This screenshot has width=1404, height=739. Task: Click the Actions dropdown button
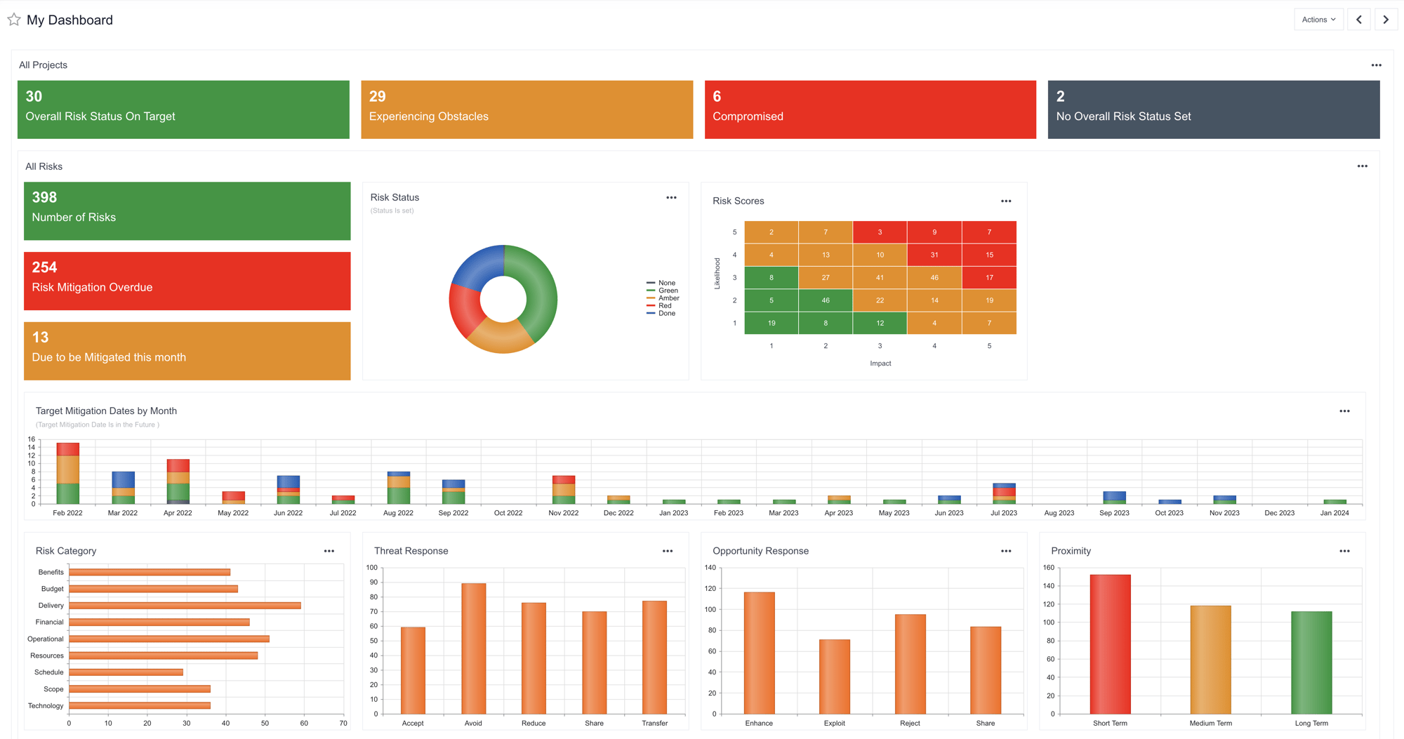[x=1318, y=20]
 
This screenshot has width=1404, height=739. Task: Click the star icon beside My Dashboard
[x=14, y=20]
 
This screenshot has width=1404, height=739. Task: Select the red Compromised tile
[x=870, y=109]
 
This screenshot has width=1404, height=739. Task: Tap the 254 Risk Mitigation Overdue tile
[x=187, y=281]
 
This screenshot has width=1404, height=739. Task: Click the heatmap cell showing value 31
[x=934, y=255]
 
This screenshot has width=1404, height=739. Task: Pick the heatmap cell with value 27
[x=825, y=277]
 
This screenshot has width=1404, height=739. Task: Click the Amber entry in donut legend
[x=668, y=298]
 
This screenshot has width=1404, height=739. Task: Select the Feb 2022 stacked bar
[x=67, y=474]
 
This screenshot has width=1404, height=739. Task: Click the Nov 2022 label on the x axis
[x=563, y=513]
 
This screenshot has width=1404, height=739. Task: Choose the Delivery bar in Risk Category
[x=185, y=606]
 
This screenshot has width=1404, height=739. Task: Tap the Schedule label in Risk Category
[x=48, y=672]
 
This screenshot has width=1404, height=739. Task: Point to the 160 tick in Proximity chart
[x=1048, y=568]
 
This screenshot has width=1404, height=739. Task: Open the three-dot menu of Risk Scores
[x=1005, y=201]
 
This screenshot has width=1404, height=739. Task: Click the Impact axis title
[x=880, y=364]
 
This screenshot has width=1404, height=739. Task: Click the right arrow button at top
[x=1385, y=20]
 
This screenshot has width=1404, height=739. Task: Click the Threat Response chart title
[x=411, y=551]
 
